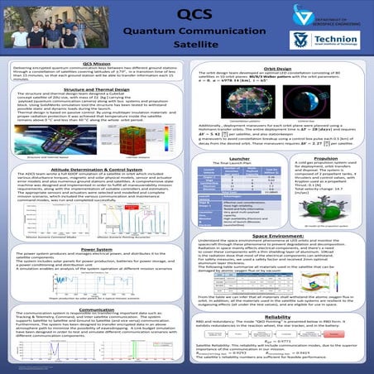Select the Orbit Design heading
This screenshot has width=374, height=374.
tap(280, 70)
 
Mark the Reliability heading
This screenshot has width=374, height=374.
tap(280, 315)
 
